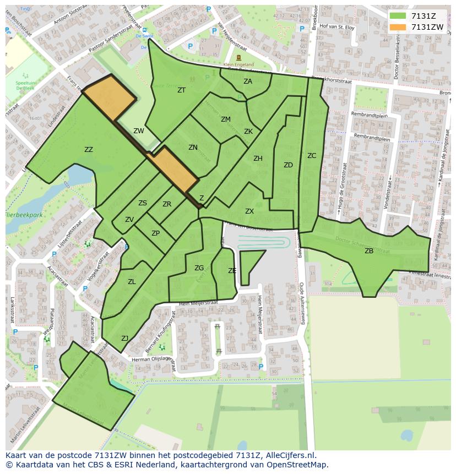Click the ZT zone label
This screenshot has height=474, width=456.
coord(181,90)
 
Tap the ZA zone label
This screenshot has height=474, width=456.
coord(248,81)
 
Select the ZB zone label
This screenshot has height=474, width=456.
coord(369,251)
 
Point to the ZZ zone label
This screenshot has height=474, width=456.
coord(89,150)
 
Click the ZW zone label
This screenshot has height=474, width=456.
coord(139,131)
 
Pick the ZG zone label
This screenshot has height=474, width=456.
coord(199,268)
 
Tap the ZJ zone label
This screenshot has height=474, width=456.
coord(125,339)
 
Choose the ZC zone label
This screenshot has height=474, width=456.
coord(312,156)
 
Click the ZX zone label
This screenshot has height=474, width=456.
coord(249,211)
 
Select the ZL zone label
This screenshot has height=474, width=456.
coord(132,282)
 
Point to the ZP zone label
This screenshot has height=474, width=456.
coord(156,233)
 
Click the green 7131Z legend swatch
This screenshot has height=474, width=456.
coord(397,16)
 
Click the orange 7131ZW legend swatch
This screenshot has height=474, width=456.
coord(397,27)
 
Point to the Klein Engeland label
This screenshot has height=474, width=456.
coord(238,64)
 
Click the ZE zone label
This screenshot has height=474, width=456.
coord(232,271)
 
